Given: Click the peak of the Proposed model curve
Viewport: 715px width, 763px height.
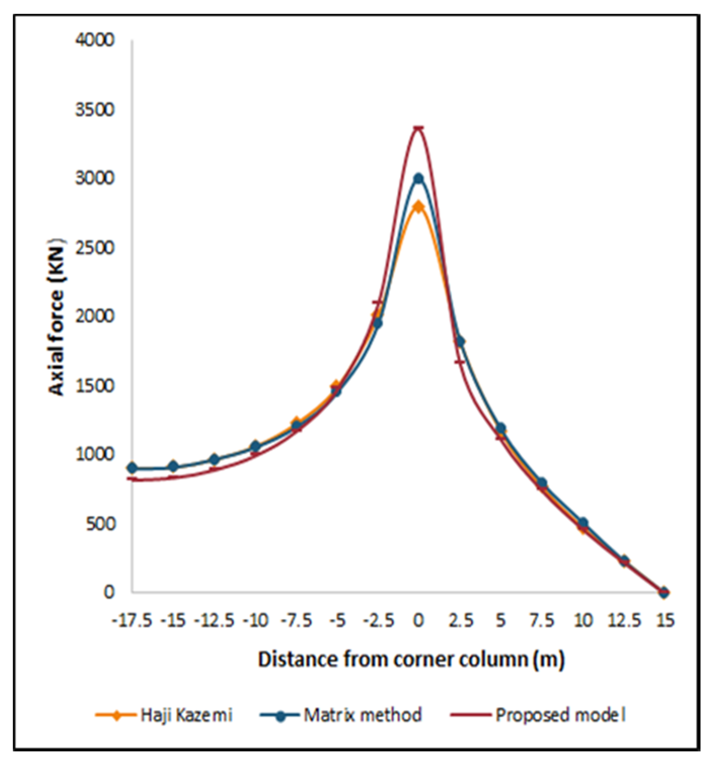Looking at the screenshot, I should pyautogui.click(x=418, y=128).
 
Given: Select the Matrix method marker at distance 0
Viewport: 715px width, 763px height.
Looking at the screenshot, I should pyautogui.click(x=418, y=179).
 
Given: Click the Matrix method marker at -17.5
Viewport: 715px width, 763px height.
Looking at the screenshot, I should pyautogui.click(x=132, y=468).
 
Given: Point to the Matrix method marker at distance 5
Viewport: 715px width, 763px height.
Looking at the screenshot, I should pyautogui.click(x=500, y=428).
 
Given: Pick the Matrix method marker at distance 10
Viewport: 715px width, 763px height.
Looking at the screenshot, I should pyautogui.click(x=583, y=522).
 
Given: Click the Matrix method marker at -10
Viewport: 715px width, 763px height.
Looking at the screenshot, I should pyautogui.click(x=255, y=446).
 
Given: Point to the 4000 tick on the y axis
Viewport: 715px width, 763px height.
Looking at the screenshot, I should pyautogui.click(x=95, y=40).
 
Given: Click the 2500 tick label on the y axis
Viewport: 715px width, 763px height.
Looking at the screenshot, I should pyautogui.click(x=95, y=248).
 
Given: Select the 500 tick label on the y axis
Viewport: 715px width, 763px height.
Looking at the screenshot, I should pyautogui.click(x=100, y=524).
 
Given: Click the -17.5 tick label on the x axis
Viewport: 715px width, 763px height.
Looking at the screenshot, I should pyautogui.click(x=132, y=620).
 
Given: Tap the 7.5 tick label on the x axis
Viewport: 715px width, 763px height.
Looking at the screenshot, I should pyautogui.click(x=541, y=620).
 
